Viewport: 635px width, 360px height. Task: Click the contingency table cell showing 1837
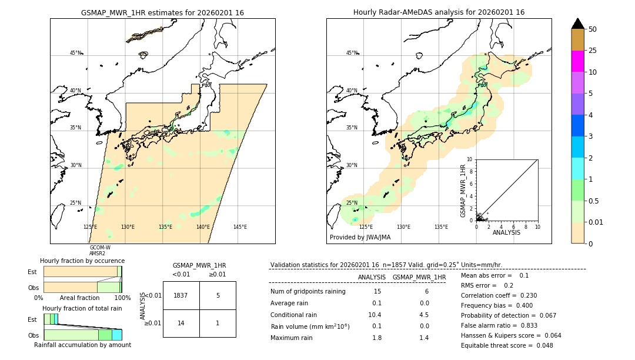tap(181, 295)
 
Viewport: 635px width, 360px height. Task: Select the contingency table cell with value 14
tap(181, 323)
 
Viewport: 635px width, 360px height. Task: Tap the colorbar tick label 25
tap(593, 51)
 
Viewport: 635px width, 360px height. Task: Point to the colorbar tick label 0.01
tap(597, 222)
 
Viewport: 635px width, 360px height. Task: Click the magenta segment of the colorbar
tap(577, 61)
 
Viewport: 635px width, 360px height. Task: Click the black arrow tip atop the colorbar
tap(577, 23)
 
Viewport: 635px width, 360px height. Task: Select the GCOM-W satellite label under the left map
tap(99, 247)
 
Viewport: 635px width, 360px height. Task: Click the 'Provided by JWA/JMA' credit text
tap(360, 238)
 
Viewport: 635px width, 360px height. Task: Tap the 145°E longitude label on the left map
tap(240, 227)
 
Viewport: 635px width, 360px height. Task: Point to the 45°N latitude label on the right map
tap(352, 53)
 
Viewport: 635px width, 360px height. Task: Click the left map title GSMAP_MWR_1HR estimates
tap(162, 12)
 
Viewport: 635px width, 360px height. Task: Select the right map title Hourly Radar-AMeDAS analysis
tap(439, 12)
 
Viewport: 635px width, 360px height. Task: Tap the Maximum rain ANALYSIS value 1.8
tap(376, 338)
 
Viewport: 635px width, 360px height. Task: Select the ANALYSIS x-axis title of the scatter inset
tap(506, 232)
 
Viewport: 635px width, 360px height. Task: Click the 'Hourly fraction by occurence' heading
tap(82, 261)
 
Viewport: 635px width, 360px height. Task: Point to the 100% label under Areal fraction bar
tap(122, 298)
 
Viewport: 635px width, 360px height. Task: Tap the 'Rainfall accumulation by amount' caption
tap(82, 345)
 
